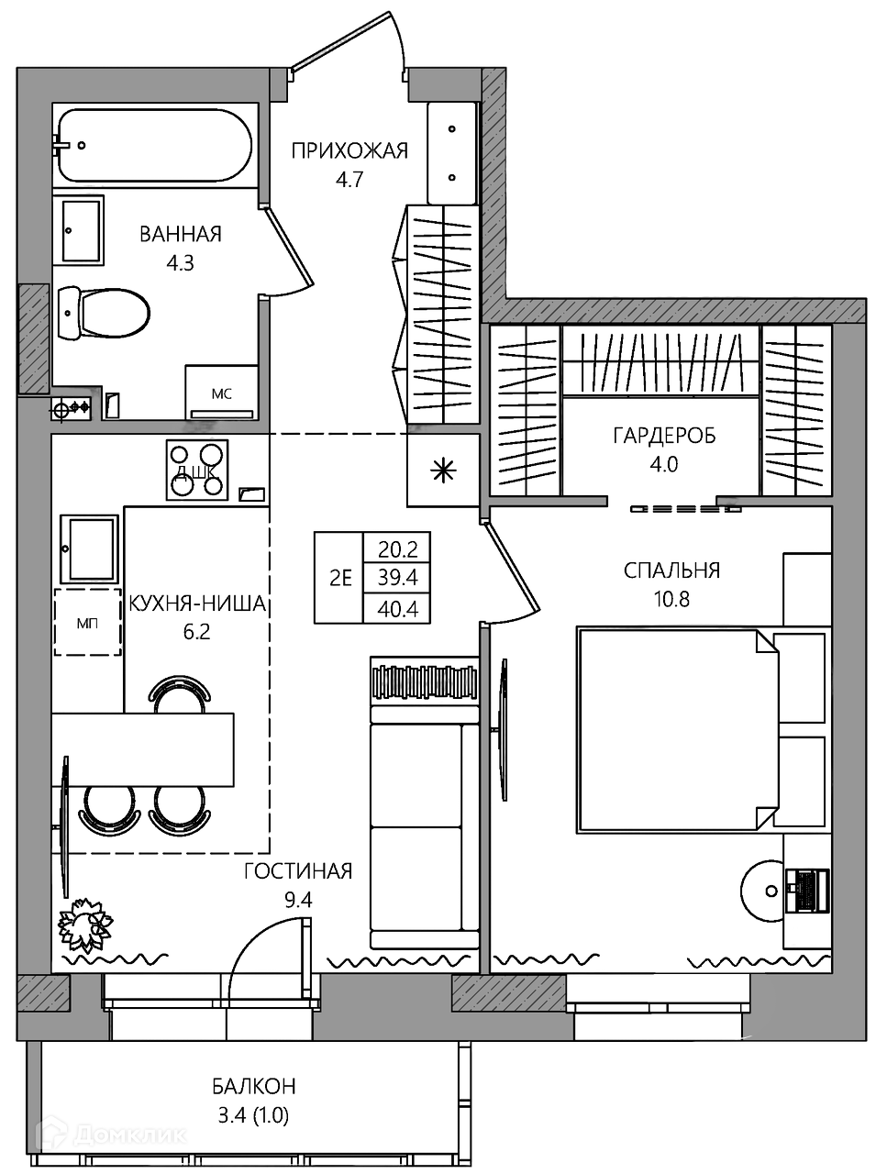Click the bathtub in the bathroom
click(153, 146)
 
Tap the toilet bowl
click(103, 315)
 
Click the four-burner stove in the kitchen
click(197, 471)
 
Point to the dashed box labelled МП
click(87, 622)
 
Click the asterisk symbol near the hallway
click(443, 471)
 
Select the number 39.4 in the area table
click(397, 578)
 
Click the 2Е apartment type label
click(340, 578)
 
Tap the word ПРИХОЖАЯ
click(349, 151)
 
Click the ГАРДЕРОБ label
click(664, 436)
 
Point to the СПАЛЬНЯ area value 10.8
click(671, 600)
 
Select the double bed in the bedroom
click(704, 731)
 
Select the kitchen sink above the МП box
click(89, 548)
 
